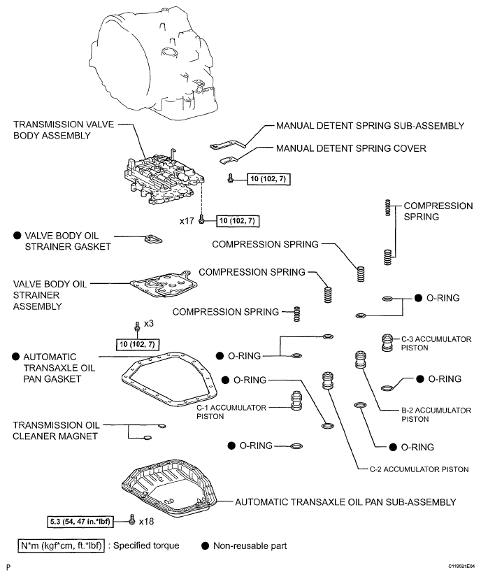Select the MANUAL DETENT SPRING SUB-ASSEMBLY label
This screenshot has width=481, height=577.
(370, 126)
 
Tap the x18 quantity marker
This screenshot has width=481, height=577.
(146, 521)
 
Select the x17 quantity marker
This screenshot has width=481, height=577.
(187, 221)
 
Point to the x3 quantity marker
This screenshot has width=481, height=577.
(148, 325)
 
